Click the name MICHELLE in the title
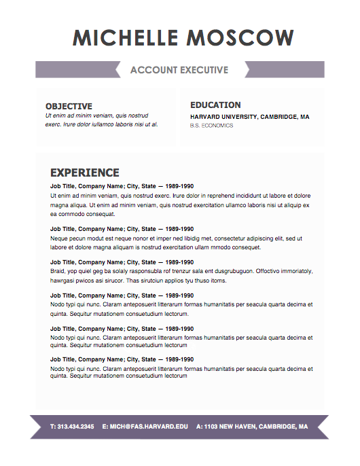125,38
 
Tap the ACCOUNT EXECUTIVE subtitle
179,70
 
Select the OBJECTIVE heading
69,106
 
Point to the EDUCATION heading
215,105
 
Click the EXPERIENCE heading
85,173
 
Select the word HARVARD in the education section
207,117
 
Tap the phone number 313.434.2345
77,427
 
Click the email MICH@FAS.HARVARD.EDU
149,427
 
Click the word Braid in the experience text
58,271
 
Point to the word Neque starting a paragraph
59,239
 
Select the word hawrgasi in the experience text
63,280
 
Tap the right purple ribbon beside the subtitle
285,69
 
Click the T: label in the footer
54,427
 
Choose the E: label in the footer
105,427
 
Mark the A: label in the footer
199,427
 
